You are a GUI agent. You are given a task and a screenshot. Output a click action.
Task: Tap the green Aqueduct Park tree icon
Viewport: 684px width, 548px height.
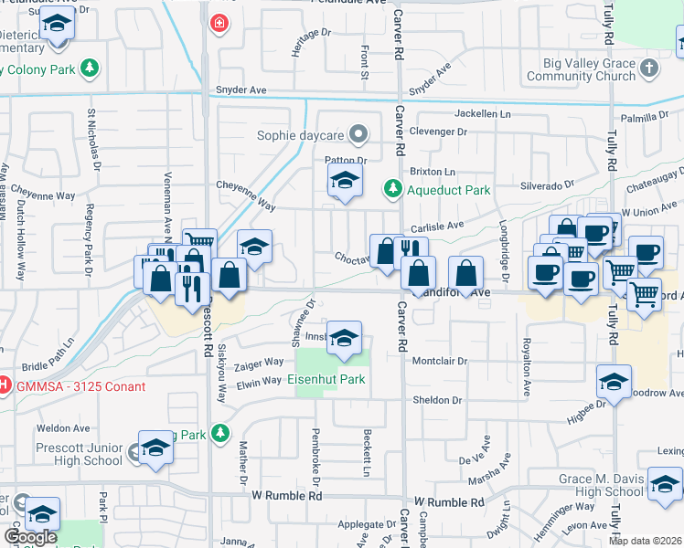click(392, 189)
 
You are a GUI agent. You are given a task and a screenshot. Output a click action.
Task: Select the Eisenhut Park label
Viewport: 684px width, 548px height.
click(326, 379)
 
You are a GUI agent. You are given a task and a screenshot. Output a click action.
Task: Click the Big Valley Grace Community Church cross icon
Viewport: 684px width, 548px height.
click(649, 68)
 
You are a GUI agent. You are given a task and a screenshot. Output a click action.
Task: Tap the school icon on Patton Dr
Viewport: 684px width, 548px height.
click(345, 182)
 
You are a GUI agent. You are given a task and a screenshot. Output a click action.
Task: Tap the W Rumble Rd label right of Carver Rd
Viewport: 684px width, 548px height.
click(449, 503)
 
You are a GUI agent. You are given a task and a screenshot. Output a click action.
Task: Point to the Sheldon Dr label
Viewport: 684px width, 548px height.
click(437, 400)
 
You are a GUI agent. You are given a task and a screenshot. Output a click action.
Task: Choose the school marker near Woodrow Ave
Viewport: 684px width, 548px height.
click(614, 381)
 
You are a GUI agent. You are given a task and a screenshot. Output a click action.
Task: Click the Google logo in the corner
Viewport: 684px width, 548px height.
click(30, 537)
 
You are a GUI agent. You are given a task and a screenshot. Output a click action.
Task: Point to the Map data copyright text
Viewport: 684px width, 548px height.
click(645, 541)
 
